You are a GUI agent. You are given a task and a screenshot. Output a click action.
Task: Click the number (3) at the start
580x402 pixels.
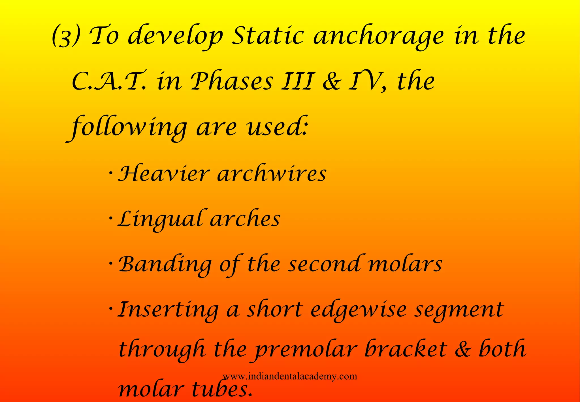(x=66, y=37)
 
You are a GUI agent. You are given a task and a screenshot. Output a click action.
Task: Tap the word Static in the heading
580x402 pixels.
(x=268, y=36)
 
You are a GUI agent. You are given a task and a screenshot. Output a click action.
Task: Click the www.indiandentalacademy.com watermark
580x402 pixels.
(x=290, y=376)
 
